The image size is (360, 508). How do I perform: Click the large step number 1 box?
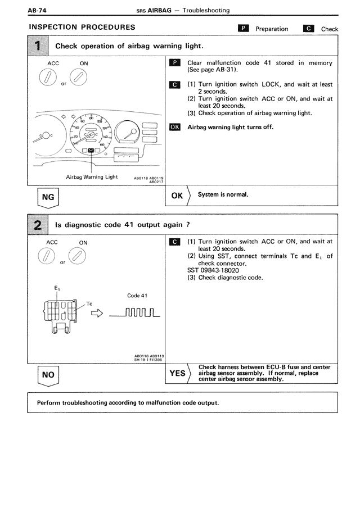(x=38, y=46)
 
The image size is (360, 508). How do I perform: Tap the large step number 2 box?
(x=38, y=225)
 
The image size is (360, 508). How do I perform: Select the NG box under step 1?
(x=48, y=198)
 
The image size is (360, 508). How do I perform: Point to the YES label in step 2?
(x=177, y=373)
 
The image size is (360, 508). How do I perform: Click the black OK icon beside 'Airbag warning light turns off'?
(x=174, y=127)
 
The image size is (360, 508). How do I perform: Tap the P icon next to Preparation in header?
(x=243, y=28)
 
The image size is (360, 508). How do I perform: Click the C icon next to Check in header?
(x=308, y=28)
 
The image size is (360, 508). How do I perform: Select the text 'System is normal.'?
(x=223, y=195)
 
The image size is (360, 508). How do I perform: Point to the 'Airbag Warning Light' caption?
(x=92, y=177)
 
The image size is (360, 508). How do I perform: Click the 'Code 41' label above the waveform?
(x=137, y=296)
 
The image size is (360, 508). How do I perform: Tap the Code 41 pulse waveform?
(x=135, y=312)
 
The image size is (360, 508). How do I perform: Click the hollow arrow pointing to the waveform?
(x=97, y=314)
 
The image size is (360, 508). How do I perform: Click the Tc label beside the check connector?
(x=89, y=303)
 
